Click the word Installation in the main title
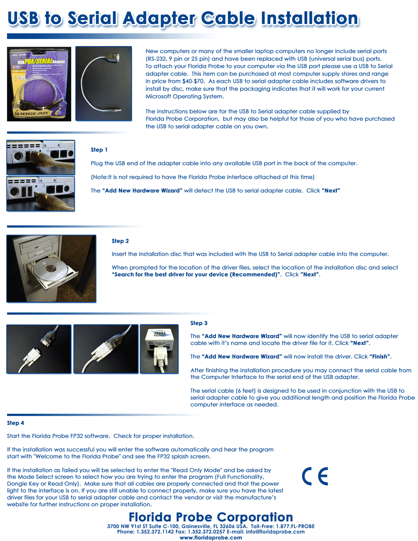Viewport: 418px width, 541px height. [309, 19]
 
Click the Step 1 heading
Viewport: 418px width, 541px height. [99, 150]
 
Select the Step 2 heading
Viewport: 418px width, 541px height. [120, 241]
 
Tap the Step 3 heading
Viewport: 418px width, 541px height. [199, 323]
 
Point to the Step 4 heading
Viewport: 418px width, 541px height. [15, 423]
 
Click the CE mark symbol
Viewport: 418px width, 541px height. [315, 476]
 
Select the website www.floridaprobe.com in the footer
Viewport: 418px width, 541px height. [211, 538]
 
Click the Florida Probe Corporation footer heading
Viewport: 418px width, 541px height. [211, 517]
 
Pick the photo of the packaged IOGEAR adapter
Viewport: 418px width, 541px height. [39, 84]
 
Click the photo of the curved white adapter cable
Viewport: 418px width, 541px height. [104, 84]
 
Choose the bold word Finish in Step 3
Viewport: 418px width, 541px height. [380, 357]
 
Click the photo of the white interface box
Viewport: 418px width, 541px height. [159, 348]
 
